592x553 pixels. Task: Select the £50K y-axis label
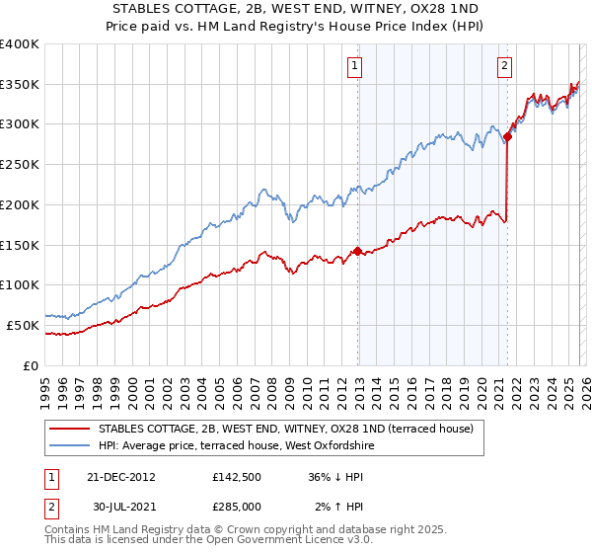pyautogui.click(x=23, y=325)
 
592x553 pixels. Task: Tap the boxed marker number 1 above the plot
pyautogui.click(x=354, y=66)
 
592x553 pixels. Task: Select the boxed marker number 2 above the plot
pyautogui.click(x=504, y=66)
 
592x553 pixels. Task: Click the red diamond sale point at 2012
pyautogui.click(x=357, y=251)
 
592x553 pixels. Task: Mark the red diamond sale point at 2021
pyautogui.click(x=507, y=136)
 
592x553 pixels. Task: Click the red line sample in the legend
pyautogui.click(x=69, y=429)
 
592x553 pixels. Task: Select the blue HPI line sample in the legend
pyautogui.click(x=69, y=445)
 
